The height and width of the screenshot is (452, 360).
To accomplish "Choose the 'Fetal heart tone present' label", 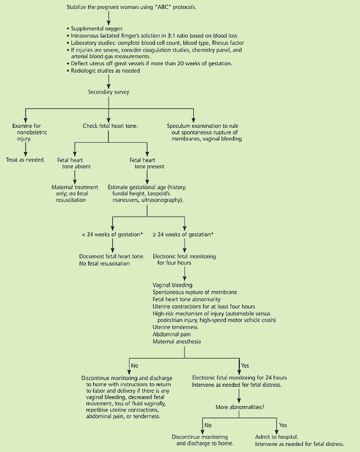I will (x=146, y=164).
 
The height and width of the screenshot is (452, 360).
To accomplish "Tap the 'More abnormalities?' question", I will (x=239, y=407).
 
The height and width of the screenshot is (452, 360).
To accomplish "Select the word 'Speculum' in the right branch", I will (x=181, y=126).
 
